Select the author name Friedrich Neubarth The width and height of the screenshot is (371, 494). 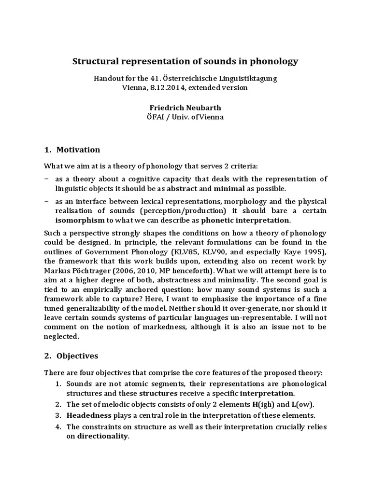coord(185,108)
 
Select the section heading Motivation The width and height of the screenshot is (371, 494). coord(78,150)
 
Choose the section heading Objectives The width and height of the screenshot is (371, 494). coord(77,356)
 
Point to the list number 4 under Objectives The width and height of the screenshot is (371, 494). coord(57,426)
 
